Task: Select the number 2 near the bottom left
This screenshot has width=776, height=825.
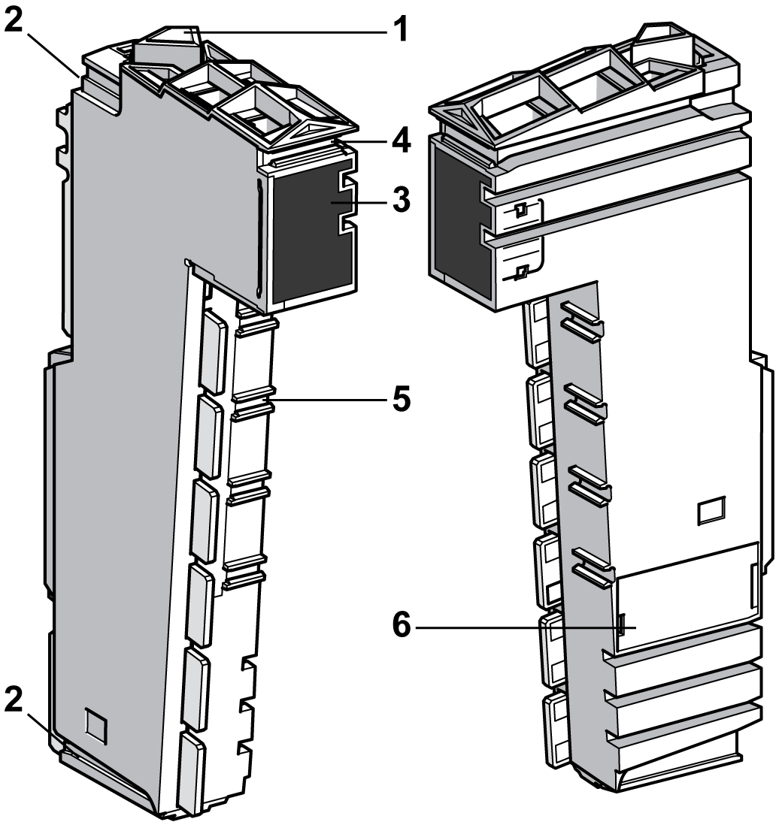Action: click(x=14, y=700)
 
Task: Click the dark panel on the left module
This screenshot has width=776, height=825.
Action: click(x=308, y=233)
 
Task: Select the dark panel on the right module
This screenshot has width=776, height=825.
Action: click(x=456, y=218)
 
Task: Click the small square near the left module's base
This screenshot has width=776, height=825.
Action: click(x=95, y=724)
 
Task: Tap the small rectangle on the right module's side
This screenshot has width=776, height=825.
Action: click(x=710, y=511)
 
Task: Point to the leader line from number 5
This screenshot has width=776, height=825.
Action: click(x=331, y=399)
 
